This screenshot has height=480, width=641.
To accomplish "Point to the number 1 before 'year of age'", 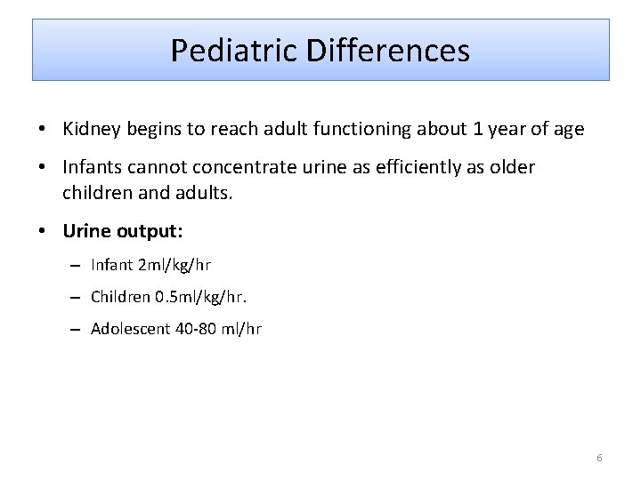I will (x=478, y=130).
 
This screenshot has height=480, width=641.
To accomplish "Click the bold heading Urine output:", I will (x=123, y=231).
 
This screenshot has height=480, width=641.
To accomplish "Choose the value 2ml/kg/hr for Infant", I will (x=174, y=265).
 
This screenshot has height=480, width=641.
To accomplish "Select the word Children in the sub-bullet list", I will (x=121, y=297).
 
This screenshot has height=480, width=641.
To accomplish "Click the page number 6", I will (x=599, y=458).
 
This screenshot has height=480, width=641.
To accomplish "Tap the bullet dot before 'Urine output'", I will (x=43, y=232).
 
